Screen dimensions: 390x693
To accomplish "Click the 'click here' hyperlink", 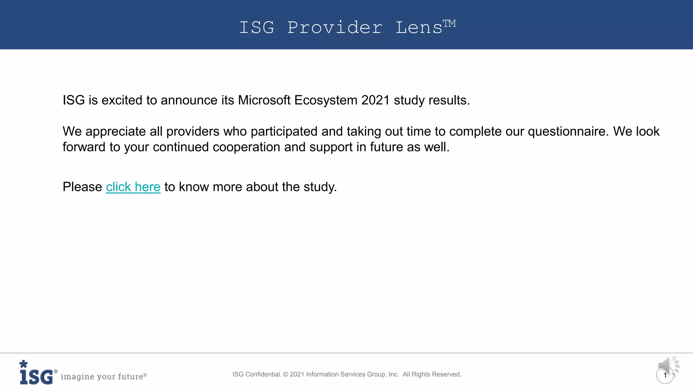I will pos(133,187).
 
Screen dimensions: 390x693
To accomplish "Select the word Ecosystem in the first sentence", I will pos(326,100).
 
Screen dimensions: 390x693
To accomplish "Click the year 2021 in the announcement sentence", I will pos(375,100).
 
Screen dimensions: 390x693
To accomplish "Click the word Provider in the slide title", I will pos(335,28).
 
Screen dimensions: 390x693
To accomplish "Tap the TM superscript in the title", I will pos(449,23).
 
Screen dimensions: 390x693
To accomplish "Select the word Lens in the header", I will pos(419,28).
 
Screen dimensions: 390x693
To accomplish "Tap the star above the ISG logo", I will pos(23,364).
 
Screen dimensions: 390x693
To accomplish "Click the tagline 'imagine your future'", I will pos(102,376).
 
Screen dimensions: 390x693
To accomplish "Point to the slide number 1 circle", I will pos(665,375).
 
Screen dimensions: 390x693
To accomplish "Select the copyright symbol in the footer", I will pos(285,374).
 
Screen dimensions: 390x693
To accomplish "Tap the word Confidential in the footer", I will pos(263,374).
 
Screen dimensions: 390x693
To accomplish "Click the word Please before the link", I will pos(82,187).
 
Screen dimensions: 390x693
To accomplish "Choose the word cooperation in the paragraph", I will pos(246,147).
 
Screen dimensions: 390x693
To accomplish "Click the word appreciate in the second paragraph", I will pos(115,131).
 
